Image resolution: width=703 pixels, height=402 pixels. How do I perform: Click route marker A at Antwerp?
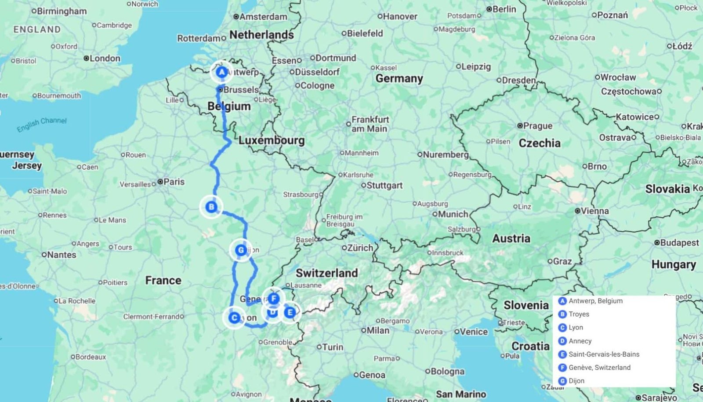pyautogui.click(x=222, y=72)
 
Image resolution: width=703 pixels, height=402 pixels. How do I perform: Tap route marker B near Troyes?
pyautogui.click(x=211, y=207)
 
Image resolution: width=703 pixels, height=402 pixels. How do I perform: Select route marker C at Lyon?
pyautogui.click(x=234, y=317)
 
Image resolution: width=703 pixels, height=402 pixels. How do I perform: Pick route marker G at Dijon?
pyautogui.click(x=240, y=250)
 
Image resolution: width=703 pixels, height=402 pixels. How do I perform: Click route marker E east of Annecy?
pyautogui.click(x=290, y=312)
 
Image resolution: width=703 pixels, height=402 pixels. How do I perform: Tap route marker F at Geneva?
pyautogui.click(x=274, y=299)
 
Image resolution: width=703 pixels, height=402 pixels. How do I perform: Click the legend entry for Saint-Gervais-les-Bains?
pyautogui.click(x=603, y=354)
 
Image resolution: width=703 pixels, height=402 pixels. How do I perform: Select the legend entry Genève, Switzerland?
pyautogui.click(x=599, y=367)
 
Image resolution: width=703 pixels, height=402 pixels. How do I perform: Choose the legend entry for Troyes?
pyautogui.click(x=578, y=314)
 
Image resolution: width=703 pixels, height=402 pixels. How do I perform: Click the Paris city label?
pyautogui.click(x=174, y=182)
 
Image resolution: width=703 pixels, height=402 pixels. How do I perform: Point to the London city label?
pyautogui.click(x=105, y=58)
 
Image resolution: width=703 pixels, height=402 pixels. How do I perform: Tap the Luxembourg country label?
pyautogui.click(x=272, y=140)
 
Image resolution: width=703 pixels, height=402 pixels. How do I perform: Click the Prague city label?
pyautogui.click(x=538, y=126)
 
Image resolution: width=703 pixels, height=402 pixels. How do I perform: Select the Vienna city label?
pyautogui.click(x=594, y=211)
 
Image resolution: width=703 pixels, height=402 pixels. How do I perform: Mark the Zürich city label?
pyautogui.click(x=360, y=248)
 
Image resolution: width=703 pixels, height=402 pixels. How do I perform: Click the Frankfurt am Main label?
pyautogui.click(x=370, y=124)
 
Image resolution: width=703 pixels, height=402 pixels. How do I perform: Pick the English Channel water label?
pyautogui.click(x=42, y=124)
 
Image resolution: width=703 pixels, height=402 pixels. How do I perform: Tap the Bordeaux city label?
pyautogui.click(x=91, y=357)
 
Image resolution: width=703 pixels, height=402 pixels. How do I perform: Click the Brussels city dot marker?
pyautogui.click(x=220, y=90)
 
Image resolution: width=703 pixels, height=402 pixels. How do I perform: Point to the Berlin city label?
pyautogui.click(x=504, y=9)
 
